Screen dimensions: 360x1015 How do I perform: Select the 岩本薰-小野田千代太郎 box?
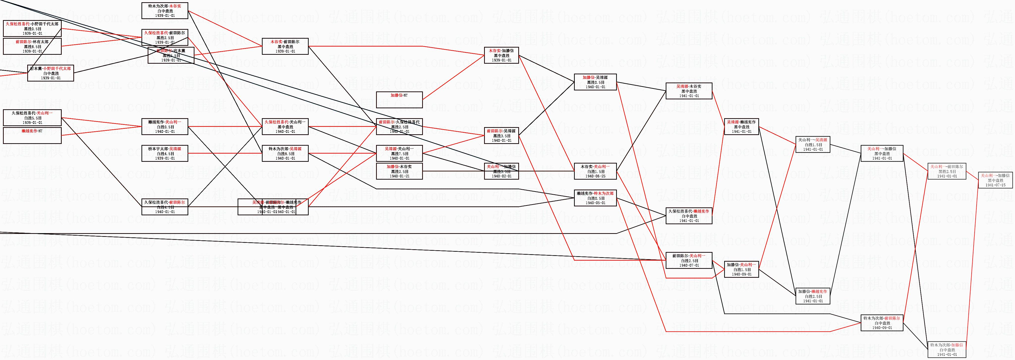click(x=51, y=73)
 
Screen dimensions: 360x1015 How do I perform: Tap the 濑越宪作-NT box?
click(x=32, y=135)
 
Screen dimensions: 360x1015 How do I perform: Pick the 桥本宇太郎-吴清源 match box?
click(x=165, y=154)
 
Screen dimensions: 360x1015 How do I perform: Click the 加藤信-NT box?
click(x=399, y=100)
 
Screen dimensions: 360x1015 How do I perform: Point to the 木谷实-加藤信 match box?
click(x=501, y=55)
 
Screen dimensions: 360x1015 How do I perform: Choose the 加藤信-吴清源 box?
click(x=595, y=82)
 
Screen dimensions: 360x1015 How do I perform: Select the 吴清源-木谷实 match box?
click(x=689, y=91)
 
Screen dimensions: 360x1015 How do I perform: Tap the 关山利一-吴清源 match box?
click(x=813, y=144)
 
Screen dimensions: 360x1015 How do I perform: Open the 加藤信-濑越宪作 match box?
click(x=813, y=296)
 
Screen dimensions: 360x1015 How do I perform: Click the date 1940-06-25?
click(x=595, y=176)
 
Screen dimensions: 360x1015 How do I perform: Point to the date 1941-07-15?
click(x=995, y=185)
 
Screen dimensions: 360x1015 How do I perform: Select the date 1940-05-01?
click(x=595, y=203)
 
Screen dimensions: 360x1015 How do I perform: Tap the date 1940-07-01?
click(x=689, y=265)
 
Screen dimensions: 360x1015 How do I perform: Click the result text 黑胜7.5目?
click(x=399, y=154)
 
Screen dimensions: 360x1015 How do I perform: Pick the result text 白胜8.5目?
click(x=285, y=154)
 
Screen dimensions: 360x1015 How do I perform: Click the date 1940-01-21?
click(x=399, y=176)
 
